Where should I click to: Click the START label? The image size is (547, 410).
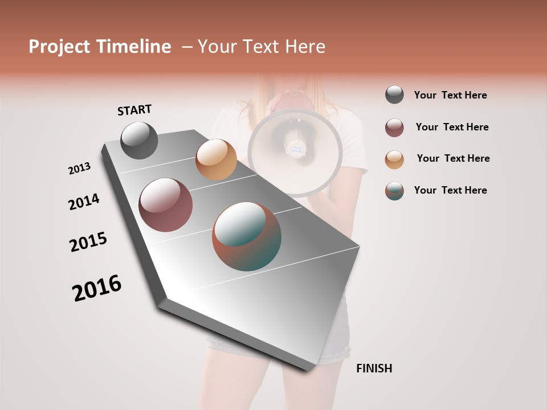pos(134,110)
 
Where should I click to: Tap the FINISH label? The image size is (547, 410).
pos(374,368)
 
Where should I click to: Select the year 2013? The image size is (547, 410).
pos(79,169)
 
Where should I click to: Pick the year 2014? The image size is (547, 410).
pos(84,202)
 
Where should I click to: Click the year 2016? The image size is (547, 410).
pos(97,288)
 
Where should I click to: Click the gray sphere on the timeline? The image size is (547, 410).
pos(140,140)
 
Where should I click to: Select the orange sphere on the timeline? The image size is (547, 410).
pos(216,159)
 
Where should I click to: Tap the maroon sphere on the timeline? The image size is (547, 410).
pos(166,205)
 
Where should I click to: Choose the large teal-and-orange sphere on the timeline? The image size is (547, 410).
pos(247,236)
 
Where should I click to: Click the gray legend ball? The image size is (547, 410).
pos(394,95)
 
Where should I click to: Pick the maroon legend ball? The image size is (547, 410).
pos(394,128)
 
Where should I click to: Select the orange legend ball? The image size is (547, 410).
pos(394,159)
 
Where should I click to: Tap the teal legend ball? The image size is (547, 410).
pos(394,191)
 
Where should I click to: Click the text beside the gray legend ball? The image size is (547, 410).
pos(450,95)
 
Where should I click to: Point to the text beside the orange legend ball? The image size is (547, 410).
pos(453,158)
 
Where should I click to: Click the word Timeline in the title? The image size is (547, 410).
pos(134,47)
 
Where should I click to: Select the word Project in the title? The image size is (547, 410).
pos(59,47)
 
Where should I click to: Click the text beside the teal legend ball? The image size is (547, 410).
pos(450,190)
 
